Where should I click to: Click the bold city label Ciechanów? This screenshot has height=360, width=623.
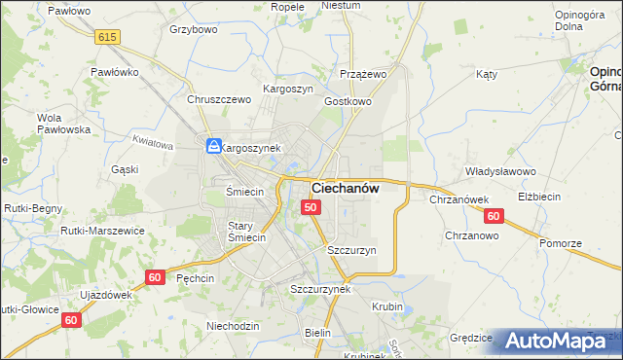point(345,188)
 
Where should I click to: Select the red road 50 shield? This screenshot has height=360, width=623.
point(311,207)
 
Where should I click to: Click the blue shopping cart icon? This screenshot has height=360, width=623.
point(213,146)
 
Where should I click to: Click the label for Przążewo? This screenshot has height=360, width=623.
point(364,74)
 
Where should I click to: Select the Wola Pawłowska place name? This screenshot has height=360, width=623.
point(63,124)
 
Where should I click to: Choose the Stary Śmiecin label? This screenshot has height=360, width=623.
point(246,232)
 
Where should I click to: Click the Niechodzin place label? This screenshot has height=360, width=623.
point(233,326)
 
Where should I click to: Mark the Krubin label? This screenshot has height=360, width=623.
point(387,306)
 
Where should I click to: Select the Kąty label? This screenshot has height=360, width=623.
point(487,74)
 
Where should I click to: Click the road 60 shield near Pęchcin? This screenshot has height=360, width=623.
point(154,277)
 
